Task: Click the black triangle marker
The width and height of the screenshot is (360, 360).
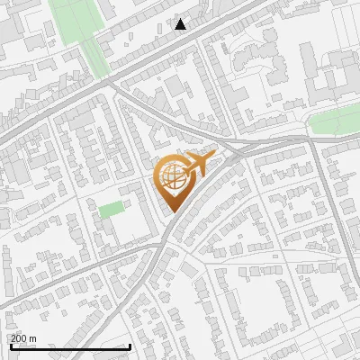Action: click(181, 24)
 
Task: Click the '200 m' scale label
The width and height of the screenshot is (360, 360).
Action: click(23, 338)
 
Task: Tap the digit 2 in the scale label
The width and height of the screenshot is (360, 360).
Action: click(13, 338)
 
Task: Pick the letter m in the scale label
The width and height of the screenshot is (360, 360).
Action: click(33, 338)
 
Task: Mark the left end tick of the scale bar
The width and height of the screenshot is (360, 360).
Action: click(10, 346)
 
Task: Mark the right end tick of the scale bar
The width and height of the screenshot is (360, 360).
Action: click(131, 346)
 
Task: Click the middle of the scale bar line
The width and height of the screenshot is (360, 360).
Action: click(70, 346)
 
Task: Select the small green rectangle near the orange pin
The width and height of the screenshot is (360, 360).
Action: click(112, 210)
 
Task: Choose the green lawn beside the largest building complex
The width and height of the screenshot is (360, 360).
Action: click(335, 123)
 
